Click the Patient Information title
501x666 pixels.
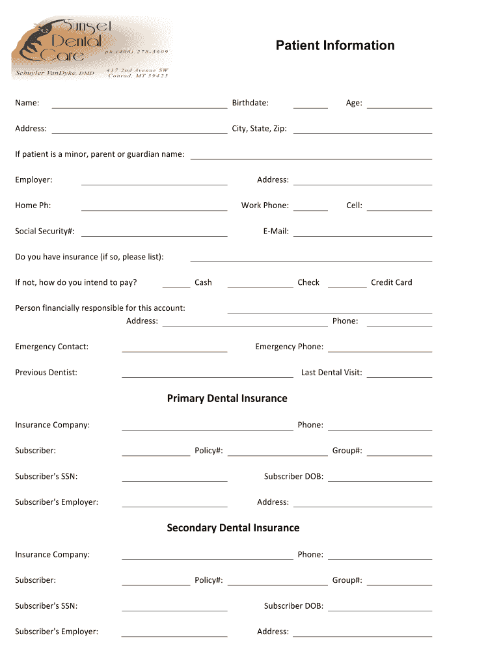coord(334,46)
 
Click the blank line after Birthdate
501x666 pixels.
coord(310,107)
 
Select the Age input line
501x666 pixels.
coord(399,107)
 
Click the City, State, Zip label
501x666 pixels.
coord(259,129)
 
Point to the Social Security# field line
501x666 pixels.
coord(154,235)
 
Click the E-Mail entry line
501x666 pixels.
coord(362,235)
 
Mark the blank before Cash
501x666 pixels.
coord(176,286)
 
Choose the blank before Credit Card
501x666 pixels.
coord(347,286)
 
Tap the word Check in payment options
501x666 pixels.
coord(308,283)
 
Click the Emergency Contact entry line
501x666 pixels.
coord(174,351)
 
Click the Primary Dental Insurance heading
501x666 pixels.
coord(227,399)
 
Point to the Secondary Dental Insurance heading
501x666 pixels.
coord(233,528)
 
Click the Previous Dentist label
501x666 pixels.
coord(46,373)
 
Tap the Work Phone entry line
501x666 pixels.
coord(310,209)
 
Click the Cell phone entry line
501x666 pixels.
coord(399,209)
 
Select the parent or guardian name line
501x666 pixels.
coord(311,158)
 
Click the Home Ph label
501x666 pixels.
coord(33,206)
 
